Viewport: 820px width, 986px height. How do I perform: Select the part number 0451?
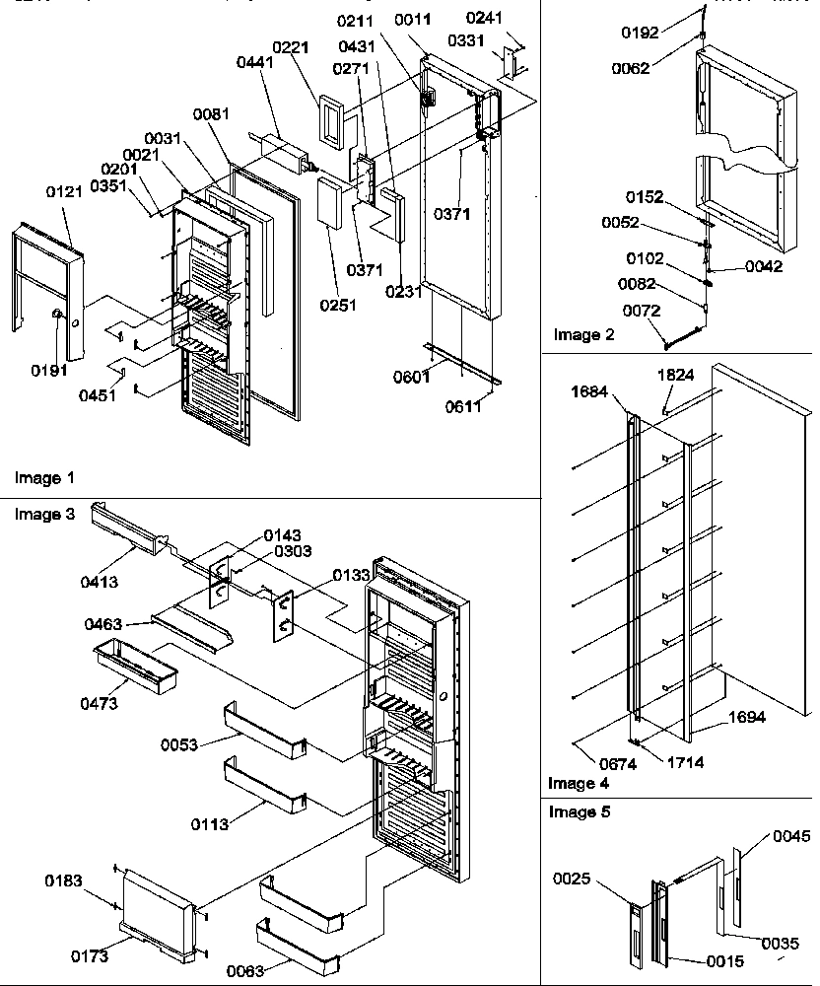tap(98, 395)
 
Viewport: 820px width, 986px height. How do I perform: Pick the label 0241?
tap(512, 17)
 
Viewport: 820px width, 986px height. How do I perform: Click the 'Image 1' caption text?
tap(44, 478)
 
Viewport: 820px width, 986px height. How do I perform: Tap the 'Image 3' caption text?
tap(44, 514)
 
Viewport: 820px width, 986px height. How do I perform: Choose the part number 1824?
tap(677, 376)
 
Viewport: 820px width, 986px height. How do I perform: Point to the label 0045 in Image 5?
tap(792, 836)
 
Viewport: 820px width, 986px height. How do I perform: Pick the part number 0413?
tap(99, 582)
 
